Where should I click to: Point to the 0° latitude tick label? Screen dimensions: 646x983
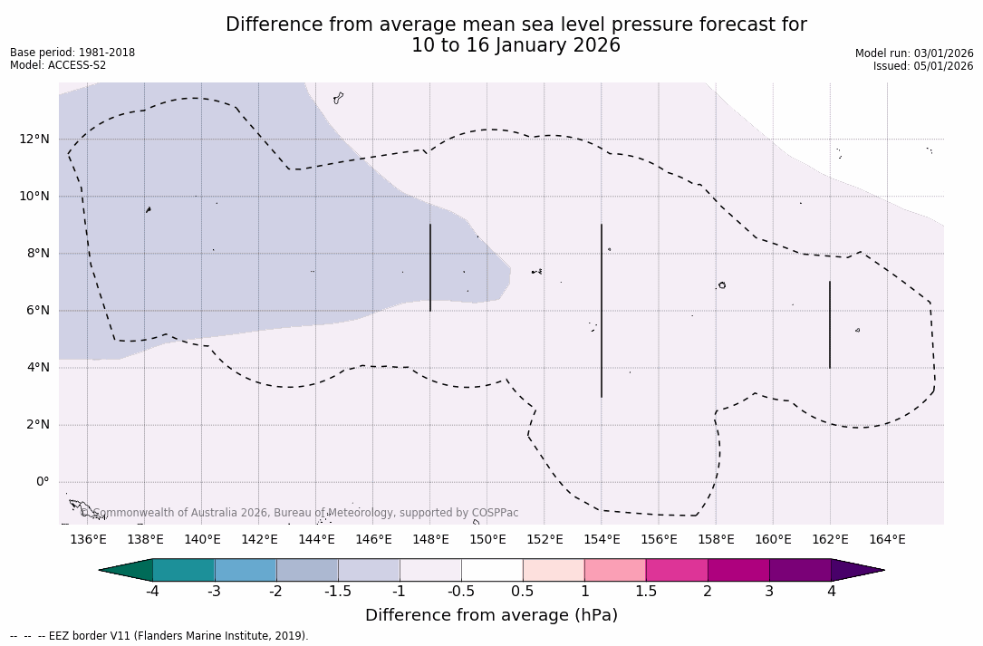[x=42, y=482]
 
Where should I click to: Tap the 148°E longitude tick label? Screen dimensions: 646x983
[x=430, y=540]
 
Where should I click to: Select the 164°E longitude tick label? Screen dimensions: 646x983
[x=887, y=540]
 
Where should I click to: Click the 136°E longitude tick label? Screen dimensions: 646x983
[x=88, y=540]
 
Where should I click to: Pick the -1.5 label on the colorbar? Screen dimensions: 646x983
[x=338, y=592]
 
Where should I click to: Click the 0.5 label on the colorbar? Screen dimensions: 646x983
[x=523, y=592]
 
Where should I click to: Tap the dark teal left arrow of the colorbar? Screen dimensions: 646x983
[x=127, y=570]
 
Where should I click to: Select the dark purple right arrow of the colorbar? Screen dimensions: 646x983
[x=856, y=570]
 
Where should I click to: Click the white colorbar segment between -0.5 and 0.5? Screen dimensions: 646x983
[x=492, y=570]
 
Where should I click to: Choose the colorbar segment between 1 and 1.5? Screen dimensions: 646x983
[x=615, y=570]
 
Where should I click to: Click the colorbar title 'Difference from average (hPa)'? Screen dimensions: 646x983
[x=491, y=616]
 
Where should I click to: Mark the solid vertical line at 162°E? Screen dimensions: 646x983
[x=830, y=324]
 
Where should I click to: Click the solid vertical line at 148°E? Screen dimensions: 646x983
[x=430, y=267]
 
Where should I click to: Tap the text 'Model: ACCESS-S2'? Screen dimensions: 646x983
[x=58, y=65]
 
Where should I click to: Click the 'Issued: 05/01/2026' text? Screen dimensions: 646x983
[x=923, y=66]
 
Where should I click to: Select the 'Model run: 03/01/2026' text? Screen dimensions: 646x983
[x=914, y=53]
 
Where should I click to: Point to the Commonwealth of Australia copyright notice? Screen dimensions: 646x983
[x=299, y=513]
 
